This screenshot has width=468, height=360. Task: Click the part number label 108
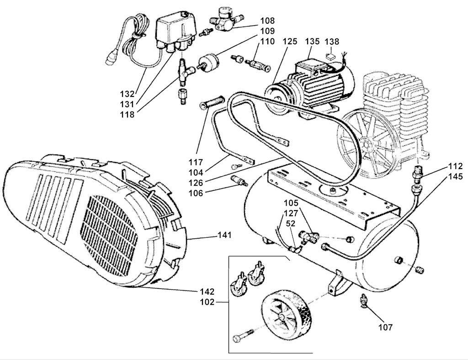(267, 21)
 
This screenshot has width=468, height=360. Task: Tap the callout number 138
(332, 42)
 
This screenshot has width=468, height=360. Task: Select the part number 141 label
(224, 235)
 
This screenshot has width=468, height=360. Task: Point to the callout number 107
(385, 327)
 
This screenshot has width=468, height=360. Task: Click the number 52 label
(291, 223)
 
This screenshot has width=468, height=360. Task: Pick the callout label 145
(456, 176)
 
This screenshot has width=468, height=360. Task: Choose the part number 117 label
(196, 162)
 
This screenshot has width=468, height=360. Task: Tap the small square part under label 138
(330, 56)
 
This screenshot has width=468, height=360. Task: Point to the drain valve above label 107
(363, 300)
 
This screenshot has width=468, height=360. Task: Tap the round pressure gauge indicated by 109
(208, 62)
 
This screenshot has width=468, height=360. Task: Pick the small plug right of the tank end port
(420, 270)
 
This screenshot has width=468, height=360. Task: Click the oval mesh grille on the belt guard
(109, 236)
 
